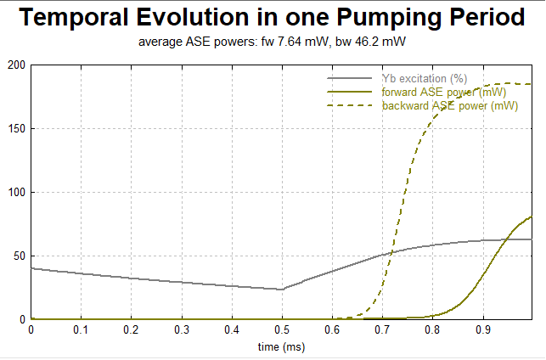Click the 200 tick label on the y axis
pos(16,65)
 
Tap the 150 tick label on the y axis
pos(16,129)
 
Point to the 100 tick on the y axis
pos(16,193)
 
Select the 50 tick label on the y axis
pos(19,256)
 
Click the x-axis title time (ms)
pos(282,347)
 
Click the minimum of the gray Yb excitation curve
pos(282,290)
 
